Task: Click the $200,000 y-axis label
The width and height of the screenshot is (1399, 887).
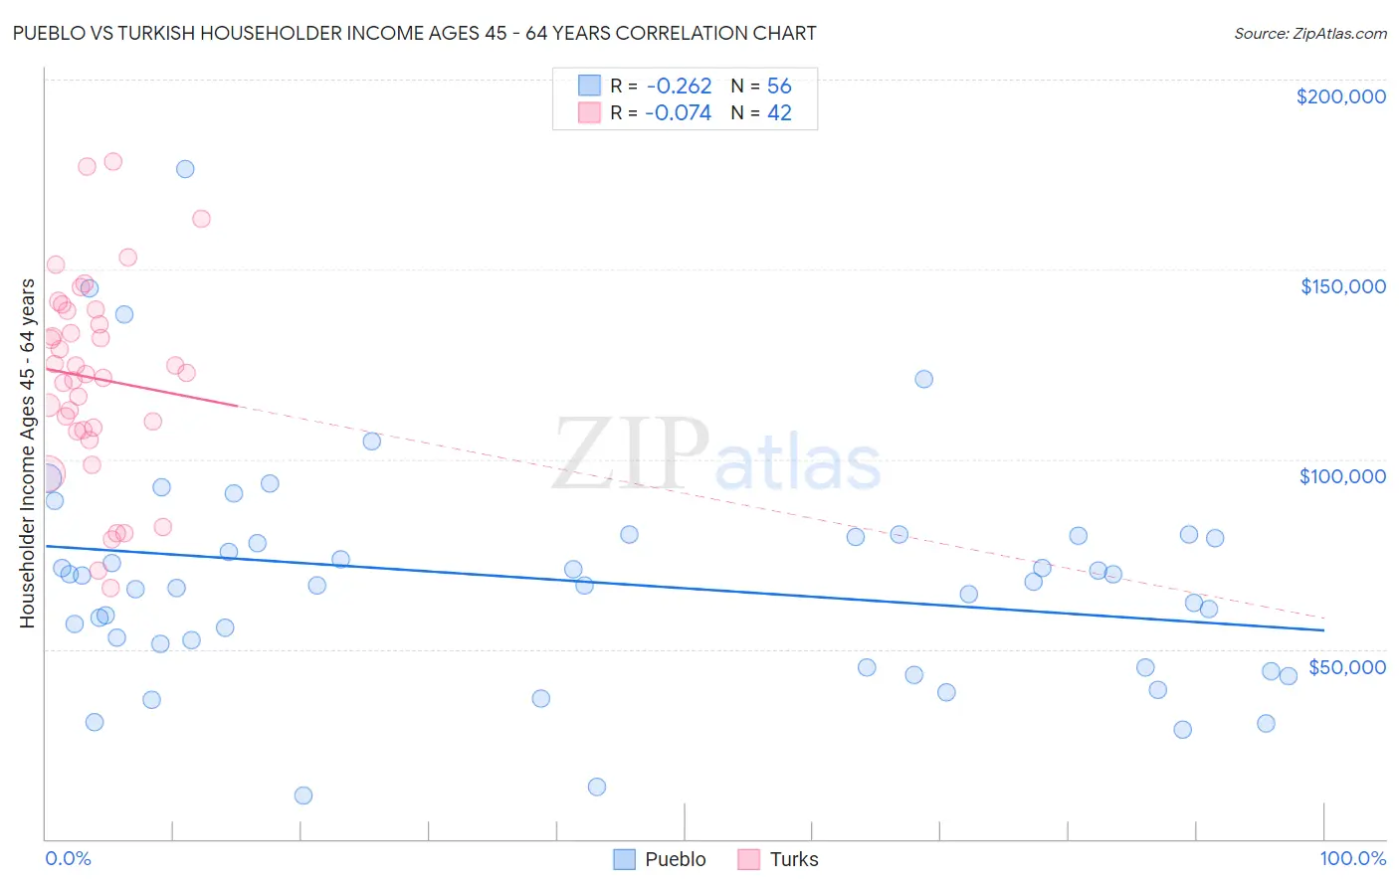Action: pyautogui.click(x=1340, y=96)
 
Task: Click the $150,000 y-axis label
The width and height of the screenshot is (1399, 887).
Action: pyautogui.click(x=1342, y=286)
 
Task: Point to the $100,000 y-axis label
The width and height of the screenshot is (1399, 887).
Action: pyautogui.click(x=1342, y=476)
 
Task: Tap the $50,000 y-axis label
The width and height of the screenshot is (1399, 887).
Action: pyautogui.click(x=1346, y=666)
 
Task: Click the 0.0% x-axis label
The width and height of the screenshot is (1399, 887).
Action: pyautogui.click(x=68, y=858)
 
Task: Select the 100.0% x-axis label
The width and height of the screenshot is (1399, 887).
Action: pyautogui.click(x=1352, y=858)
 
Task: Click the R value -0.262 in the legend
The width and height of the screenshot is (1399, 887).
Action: pyautogui.click(x=679, y=87)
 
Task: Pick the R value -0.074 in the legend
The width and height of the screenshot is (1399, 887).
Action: pyautogui.click(x=679, y=113)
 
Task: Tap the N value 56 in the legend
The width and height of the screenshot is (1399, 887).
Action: pyautogui.click(x=779, y=87)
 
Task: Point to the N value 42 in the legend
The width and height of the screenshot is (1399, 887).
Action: pyautogui.click(x=779, y=113)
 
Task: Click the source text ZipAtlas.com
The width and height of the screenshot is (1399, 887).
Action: pyautogui.click(x=1309, y=34)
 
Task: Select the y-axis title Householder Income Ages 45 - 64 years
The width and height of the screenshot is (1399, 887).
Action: pyautogui.click(x=27, y=453)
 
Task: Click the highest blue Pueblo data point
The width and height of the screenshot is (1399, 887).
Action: pyautogui.click(x=185, y=169)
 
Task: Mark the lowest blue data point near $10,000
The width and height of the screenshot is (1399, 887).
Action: pyautogui.click(x=303, y=796)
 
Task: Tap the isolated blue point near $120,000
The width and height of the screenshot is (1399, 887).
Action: pyautogui.click(x=923, y=379)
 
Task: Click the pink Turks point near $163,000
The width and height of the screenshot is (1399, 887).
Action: pyautogui.click(x=201, y=219)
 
